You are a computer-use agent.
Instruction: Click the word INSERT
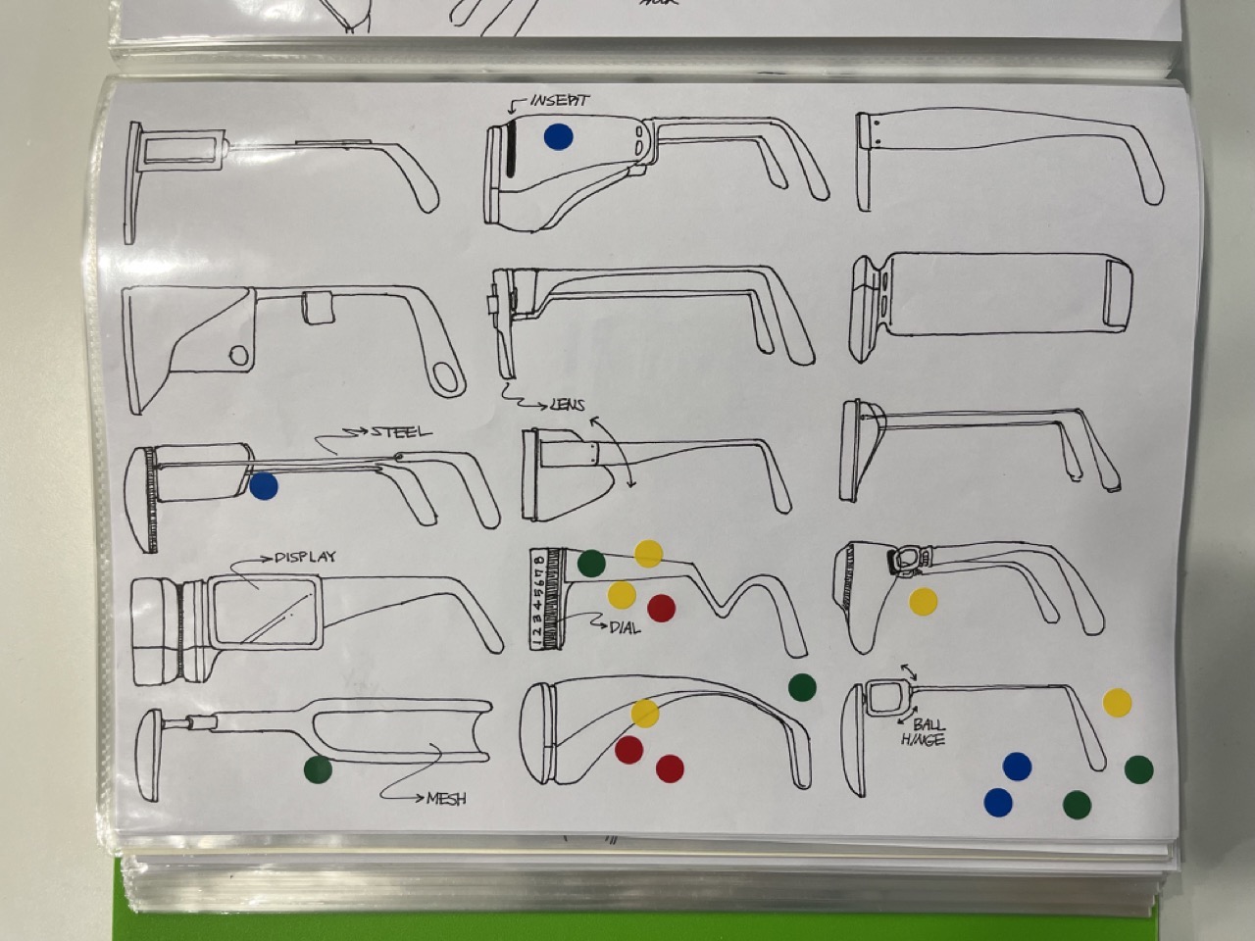[560, 101]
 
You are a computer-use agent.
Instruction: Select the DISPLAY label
[305, 557]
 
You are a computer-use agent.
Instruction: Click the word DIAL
[625, 627]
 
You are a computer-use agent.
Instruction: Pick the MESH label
[446, 798]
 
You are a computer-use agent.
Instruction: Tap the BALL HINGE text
[923, 732]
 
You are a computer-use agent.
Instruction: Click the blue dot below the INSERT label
[558, 136]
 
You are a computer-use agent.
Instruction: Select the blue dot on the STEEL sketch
[263, 485]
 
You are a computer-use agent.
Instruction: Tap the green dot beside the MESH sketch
[318, 770]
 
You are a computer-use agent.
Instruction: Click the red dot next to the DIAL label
[662, 609]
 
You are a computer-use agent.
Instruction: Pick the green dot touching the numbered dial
[591, 563]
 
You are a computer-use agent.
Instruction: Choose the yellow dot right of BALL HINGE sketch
[1117, 702]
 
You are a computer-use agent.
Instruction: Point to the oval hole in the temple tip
[447, 377]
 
